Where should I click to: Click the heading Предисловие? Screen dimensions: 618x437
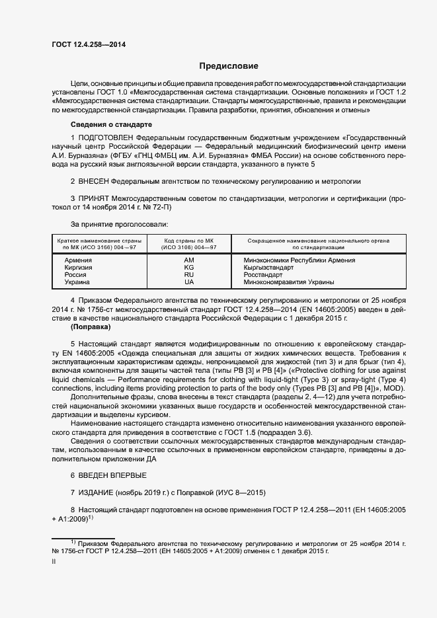pyautogui.click(x=229, y=66)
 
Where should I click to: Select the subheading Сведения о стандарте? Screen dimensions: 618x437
pyautogui.click(x=111, y=124)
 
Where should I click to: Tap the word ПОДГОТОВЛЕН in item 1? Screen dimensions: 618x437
pyautogui.click(x=108, y=137)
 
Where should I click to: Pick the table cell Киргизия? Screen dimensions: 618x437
pyautogui.click(x=78, y=268)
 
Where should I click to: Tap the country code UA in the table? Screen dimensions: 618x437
pyautogui.click(x=189, y=282)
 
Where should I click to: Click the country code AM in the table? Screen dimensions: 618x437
pyautogui.click(x=189, y=260)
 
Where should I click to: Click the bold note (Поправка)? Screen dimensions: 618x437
pyautogui.click(x=91, y=327)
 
